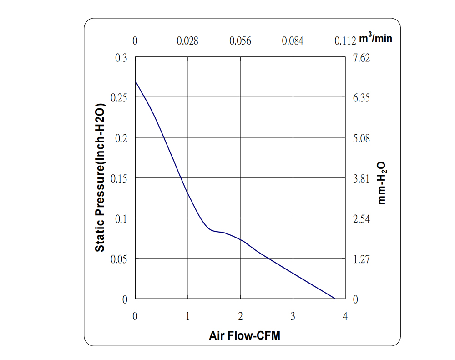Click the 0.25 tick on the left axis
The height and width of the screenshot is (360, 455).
tap(120, 98)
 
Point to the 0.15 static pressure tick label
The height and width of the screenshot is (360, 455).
tap(120, 178)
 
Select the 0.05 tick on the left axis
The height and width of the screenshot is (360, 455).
tap(120, 259)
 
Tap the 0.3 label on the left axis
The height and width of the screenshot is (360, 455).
tap(123, 58)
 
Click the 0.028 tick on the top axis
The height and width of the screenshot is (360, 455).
tap(187, 41)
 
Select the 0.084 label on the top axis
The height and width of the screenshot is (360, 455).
tap(293, 41)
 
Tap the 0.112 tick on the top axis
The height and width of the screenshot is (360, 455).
tap(344, 41)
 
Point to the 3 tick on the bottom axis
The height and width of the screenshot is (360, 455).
tap(293, 316)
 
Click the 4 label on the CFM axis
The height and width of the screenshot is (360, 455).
tap(345, 316)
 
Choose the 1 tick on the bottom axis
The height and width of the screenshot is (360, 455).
tap(187, 316)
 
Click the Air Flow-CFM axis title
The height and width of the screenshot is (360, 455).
tap(244, 336)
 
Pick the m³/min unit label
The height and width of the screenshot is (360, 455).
tap(375, 39)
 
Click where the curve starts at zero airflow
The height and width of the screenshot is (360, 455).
tap(136, 81)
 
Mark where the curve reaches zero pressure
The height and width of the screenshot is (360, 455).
tap(335, 299)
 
